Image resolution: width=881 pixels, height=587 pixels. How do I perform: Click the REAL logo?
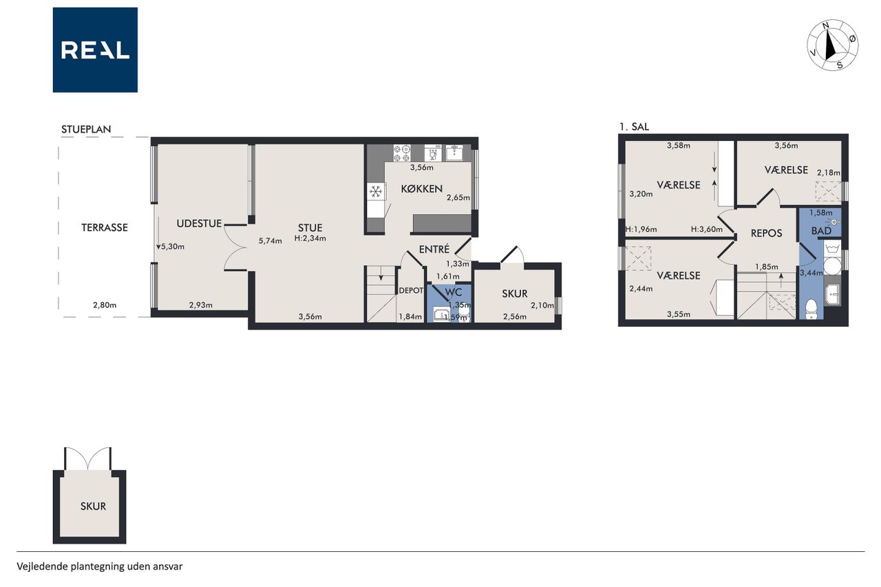(x=95, y=50)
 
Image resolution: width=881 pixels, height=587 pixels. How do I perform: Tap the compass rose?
(x=833, y=45)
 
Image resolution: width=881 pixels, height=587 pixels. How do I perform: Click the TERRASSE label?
(x=105, y=228)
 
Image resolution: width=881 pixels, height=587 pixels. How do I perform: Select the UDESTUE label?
(x=199, y=224)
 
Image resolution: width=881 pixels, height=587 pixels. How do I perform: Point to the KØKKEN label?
(x=422, y=189)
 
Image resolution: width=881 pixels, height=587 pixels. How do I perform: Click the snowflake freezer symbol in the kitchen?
(x=376, y=192)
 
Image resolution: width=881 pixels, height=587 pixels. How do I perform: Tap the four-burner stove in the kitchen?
(x=403, y=153)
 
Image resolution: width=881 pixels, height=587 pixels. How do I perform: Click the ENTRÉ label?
(x=434, y=249)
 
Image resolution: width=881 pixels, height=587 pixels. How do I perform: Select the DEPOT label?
(x=411, y=290)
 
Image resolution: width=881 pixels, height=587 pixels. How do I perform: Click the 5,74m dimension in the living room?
(x=270, y=241)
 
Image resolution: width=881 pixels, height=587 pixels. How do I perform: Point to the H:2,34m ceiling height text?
(x=310, y=238)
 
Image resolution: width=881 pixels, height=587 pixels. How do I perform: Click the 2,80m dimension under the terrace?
(x=105, y=305)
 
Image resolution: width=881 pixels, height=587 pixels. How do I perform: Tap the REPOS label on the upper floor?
(x=766, y=233)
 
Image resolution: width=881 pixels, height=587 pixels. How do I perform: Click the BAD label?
(x=821, y=231)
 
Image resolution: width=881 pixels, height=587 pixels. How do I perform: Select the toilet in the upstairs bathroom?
(x=811, y=308)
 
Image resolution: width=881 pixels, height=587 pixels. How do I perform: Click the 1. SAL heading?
(x=634, y=127)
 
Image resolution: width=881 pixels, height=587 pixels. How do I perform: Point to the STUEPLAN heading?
(x=86, y=129)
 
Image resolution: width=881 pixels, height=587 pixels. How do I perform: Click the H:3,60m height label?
(x=707, y=229)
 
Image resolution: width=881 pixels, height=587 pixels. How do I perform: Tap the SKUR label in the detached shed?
(x=93, y=506)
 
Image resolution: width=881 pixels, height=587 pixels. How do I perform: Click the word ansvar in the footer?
(x=169, y=566)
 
